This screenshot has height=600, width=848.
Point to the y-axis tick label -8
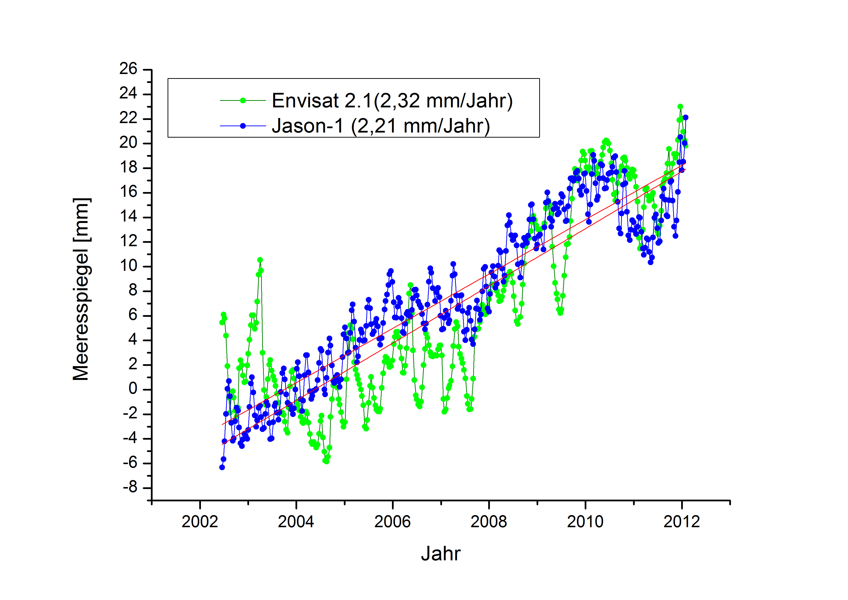click(130, 488)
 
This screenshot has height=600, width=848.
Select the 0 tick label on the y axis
click(133, 389)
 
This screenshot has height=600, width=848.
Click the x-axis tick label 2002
click(200, 522)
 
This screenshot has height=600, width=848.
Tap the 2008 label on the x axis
click(489, 522)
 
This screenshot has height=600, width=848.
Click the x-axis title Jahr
click(441, 554)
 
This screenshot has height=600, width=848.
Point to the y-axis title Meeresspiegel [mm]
click(81, 289)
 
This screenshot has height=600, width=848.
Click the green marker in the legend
click(243, 101)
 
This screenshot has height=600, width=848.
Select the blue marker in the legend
click(243, 126)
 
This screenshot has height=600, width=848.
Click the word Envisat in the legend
click(305, 101)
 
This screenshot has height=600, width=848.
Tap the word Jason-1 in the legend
click(307, 126)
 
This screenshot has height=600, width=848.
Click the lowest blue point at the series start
click(222, 467)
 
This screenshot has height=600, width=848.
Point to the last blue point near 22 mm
click(686, 118)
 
